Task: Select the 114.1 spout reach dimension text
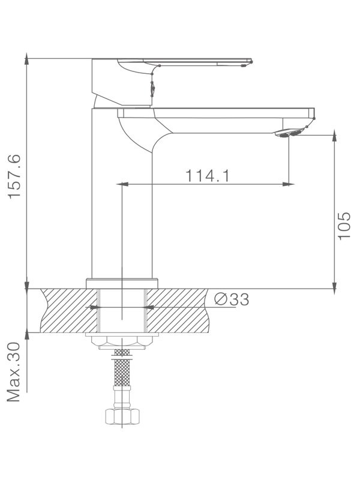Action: click(x=208, y=176)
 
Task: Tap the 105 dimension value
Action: click(x=344, y=226)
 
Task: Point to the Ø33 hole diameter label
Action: click(x=231, y=299)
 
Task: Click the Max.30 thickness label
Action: click(x=15, y=373)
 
